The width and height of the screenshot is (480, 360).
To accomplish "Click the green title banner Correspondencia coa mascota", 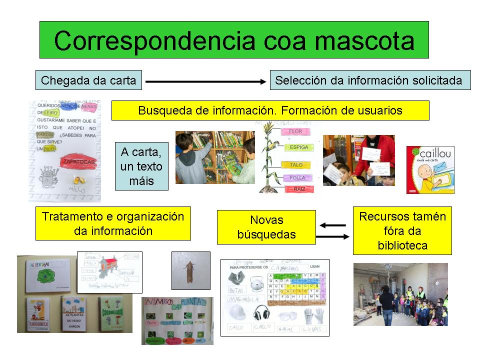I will pyautogui.click(x=234, y=40).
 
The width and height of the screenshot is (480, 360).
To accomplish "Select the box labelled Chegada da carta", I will pyautogui.click(x=88, y=80).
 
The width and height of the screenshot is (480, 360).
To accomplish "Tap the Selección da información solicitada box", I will pyautogui.click(x=370, y=80).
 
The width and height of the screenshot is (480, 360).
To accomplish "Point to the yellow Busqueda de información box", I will pyautogui.click(x=270, y=110).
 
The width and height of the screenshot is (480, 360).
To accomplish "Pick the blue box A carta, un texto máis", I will pyautogui.click(x=141, y=166).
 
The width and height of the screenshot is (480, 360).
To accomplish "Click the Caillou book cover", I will pyautogui.click(x=430, y=169).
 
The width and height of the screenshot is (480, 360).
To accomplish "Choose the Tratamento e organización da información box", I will pyautogui.click(x=113, y=223).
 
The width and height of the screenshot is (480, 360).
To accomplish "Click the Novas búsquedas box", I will pyautogui.click(x=266, y=227).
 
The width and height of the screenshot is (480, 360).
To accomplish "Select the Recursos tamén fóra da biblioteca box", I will pyautogui.click(x=402, y=230).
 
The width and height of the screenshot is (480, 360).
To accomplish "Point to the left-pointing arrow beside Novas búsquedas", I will pyautogui.click(x=333, y=225).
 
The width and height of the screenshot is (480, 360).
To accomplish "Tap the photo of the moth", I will pyautogui.click(x=190, y=270).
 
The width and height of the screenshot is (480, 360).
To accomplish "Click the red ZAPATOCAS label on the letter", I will pyautogui.click(x=78, y=161).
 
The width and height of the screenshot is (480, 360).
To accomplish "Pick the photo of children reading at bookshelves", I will pyautogui.click(x=215, y=157).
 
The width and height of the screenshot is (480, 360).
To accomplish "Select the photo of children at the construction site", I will pyautogui.click(x=400, y=294).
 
